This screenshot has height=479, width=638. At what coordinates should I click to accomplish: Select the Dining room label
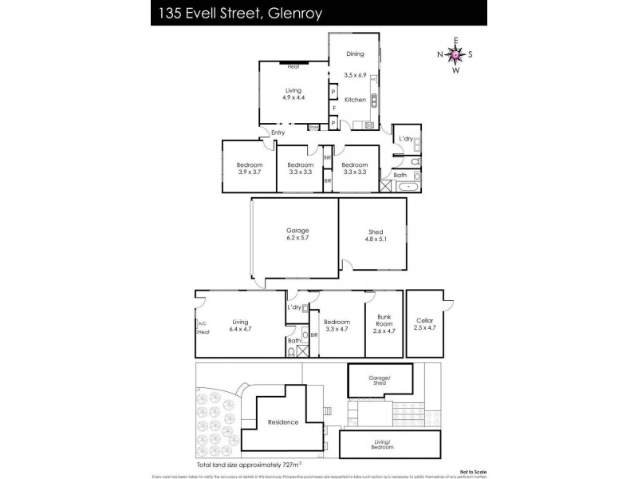coord(355,54)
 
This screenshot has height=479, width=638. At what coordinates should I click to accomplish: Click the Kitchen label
coord(355,100)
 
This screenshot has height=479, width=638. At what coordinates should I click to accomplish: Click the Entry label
coord(278,133)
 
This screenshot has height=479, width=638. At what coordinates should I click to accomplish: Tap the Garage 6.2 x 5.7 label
coord(297,235)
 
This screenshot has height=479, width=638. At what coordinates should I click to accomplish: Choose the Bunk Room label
coord(384,323)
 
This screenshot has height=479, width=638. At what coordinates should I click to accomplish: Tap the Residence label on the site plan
coord(283,422)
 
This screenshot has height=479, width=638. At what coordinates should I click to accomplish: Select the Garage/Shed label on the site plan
coord(380,380)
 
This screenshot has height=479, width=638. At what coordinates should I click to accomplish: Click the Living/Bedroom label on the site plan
coord(382,445)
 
